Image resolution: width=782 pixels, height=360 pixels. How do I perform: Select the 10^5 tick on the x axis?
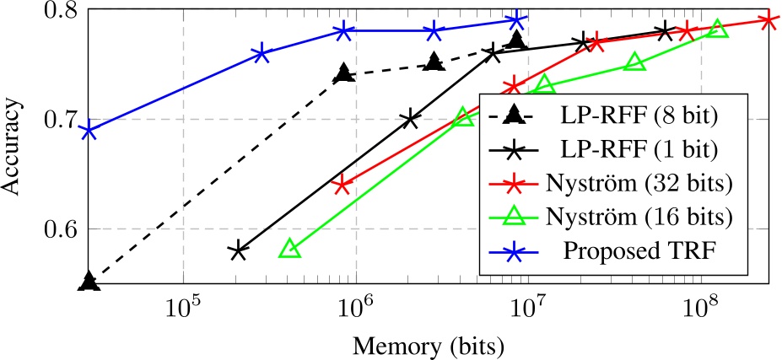pos(183,311)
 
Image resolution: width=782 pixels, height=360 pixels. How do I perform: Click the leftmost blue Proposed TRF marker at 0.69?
pos(89,131)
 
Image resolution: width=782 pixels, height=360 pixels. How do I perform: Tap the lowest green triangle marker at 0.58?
pos(290,249)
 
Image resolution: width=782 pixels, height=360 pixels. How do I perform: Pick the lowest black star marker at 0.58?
pos(238,250)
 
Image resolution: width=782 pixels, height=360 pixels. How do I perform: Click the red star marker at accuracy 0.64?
pos(342,185)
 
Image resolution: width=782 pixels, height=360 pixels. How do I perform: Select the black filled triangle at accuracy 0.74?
pos(343,74)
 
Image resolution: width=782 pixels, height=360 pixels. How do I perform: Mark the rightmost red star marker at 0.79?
pos(769,21)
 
